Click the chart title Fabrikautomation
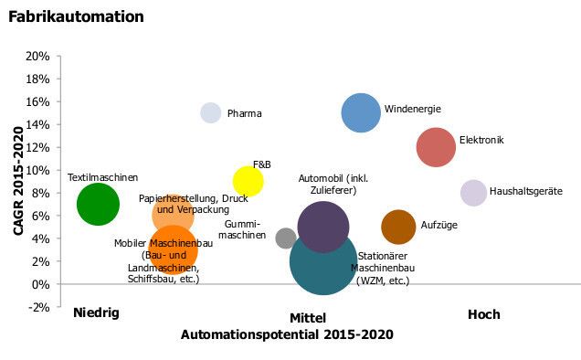[x=76, y=16]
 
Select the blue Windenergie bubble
[x=361, y=113]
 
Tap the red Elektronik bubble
[x=436, y=147]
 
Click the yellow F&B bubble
[x=248, y=181]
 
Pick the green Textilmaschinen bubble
[x=98, y=204]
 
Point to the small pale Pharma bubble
[x=211, y=113]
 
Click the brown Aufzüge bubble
[x=398, y=227]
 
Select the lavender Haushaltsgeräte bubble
[x=473, y=193]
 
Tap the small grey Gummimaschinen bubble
[x=286, y=238]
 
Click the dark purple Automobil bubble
[x=323, y=227]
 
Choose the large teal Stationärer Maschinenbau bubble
[x=323, y=261]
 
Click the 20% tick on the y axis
[x=37, y=56]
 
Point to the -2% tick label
[x=37, y=307]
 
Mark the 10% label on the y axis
[x=37, y=170]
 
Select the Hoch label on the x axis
[x=483, y=314]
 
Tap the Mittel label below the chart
[x=308, y=317]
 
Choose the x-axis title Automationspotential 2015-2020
[x=287, y=334]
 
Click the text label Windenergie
[x=412, y=109]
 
